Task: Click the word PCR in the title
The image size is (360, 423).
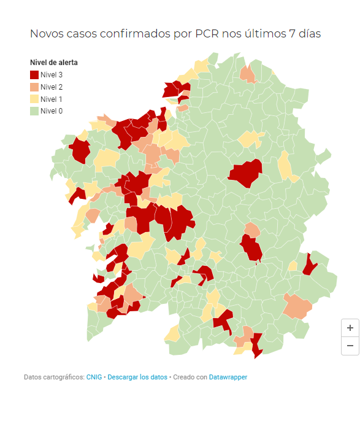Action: (206, 34)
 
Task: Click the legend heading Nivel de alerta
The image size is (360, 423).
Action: (54, 63)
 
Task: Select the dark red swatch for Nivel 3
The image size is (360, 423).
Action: (34, 75)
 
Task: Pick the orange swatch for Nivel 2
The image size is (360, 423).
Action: (34, 87)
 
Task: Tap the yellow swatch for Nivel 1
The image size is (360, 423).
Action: (34, 99)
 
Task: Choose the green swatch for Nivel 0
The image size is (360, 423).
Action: (34, 111)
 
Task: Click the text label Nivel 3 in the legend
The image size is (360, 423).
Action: (52, 75)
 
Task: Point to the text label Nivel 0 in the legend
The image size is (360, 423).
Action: (52, 111)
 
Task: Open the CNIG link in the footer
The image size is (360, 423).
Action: (94, 377)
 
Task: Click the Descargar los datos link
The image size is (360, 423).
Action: (137, 377)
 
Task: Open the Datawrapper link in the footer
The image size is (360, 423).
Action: (228, 377)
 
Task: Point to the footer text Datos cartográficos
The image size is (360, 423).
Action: (53, 377)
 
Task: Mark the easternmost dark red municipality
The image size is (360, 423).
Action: (310, 264)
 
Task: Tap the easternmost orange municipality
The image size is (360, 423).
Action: (298, 306)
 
